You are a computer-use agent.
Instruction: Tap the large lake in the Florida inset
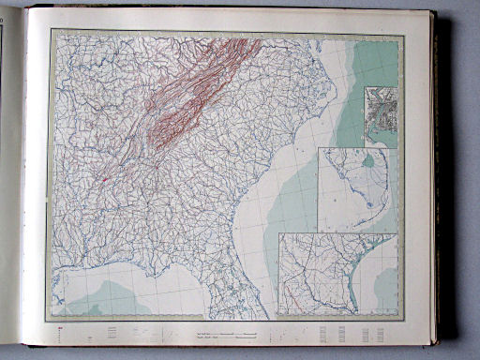(368, 160)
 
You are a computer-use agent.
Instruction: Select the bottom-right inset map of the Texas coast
(337, 274)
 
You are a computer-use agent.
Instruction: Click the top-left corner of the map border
(53, 31)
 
